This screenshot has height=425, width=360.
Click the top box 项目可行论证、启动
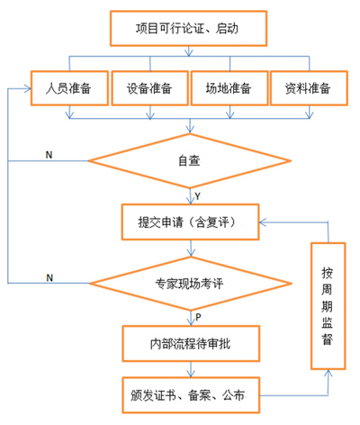188,29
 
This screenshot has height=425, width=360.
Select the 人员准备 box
69,88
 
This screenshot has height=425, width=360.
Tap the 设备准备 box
150,88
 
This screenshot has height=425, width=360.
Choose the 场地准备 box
229,88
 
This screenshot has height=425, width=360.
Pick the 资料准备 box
309,88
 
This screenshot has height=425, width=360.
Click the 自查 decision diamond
190,161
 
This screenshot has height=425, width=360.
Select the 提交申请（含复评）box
190,222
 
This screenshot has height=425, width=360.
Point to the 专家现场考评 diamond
191,284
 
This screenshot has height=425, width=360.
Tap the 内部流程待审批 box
191,344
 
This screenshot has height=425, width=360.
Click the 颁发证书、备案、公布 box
191,395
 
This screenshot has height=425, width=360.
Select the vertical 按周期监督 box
328,306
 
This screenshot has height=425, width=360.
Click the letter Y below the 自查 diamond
197,196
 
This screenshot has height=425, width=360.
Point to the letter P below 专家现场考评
198,317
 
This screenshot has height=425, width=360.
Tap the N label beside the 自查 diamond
49,155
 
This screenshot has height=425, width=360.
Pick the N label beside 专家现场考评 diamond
49,278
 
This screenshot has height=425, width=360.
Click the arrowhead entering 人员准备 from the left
28,88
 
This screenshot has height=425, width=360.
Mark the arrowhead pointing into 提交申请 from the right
263,222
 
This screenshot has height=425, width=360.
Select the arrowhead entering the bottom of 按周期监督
328,373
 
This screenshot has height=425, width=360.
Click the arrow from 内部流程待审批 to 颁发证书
191,369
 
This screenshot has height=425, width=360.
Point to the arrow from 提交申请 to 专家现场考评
191,249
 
